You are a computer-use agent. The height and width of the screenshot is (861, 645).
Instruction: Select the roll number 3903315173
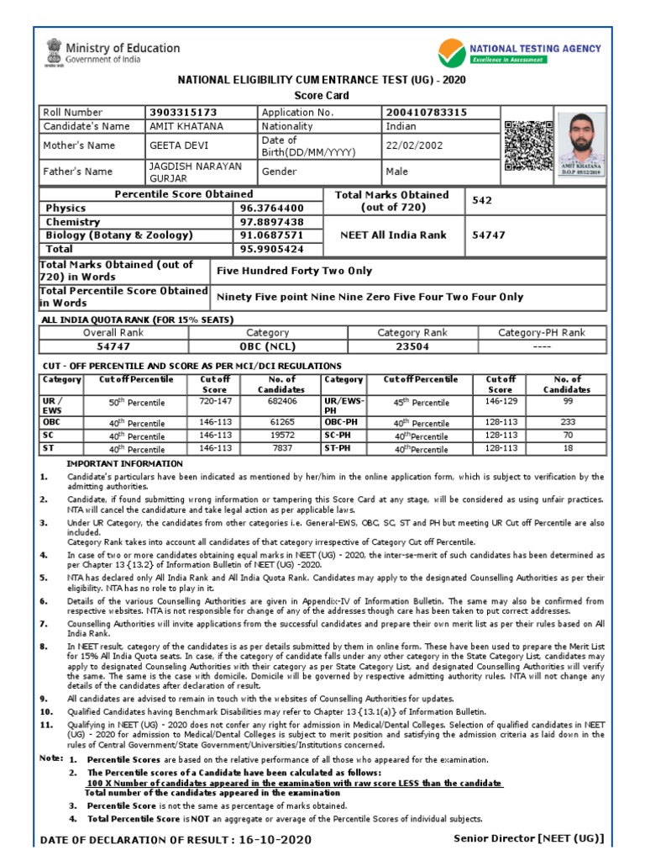point(181,113)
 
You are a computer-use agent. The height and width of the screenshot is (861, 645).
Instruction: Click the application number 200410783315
point(426,113)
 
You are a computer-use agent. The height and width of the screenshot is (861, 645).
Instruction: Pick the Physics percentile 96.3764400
point(271,209)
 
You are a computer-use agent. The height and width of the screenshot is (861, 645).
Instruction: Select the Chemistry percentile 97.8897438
point(271,222)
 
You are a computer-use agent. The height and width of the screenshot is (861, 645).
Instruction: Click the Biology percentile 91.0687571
point(271,235)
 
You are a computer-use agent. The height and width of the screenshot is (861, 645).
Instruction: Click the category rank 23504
point(412,346)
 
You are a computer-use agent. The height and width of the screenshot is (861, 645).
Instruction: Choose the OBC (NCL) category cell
point(267,346)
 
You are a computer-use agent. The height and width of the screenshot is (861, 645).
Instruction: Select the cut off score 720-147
point(214,403)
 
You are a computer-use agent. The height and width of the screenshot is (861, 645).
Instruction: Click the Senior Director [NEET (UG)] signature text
point(528,838)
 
